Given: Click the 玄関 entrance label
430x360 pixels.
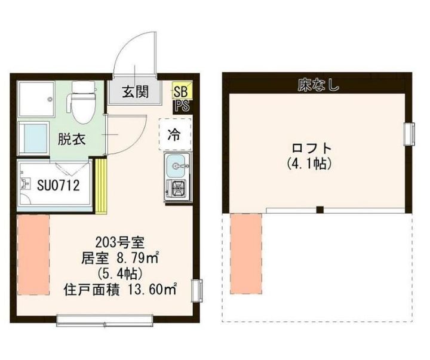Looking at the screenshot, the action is tap(136, 91).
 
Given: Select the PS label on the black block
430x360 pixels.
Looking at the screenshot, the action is tap(182, 106).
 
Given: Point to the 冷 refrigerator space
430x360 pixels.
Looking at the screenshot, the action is tap(174, 134).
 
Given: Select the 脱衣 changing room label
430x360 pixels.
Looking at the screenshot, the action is tap(72, 139).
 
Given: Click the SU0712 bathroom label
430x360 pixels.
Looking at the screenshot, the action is tap(59, 185).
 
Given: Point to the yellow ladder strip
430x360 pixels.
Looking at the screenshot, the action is tap(100, 186).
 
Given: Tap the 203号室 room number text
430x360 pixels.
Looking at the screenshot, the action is tap(120, 242).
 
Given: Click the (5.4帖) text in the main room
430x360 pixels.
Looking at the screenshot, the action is tap(119, 273).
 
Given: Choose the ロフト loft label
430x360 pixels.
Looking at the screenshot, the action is tap(312, 148).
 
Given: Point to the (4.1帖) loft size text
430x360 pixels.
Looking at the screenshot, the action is tap(310, 164).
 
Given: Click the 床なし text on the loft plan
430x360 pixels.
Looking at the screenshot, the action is tap(318, 85).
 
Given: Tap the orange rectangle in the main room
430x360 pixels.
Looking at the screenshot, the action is tap(33, 255).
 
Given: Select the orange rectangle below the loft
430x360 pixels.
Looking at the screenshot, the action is tap(246, 254).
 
